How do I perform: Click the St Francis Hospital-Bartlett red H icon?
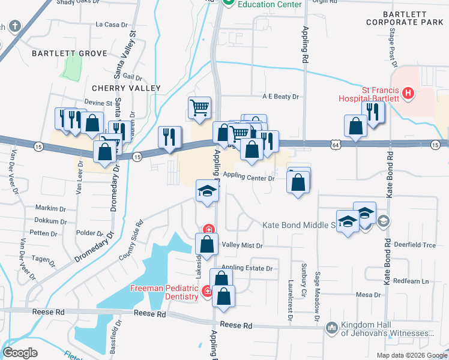pyautogui.click(x=408, y=93)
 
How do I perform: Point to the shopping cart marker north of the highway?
pyautogui.click(x=200, y=108)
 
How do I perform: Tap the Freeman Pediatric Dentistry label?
pyautogui.click(x=164, y=292)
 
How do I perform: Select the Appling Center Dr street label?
pyautogui.click(x=249, y=178)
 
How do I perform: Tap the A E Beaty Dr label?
pyautogui.click(x=280, y=96)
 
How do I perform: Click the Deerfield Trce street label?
pyautogui.click(x=414, y=245)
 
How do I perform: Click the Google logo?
pyautogui.click(x=20, y=352)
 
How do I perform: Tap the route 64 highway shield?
pyautogui.click(x=335, y=144)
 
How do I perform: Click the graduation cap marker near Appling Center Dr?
pyautogui.click(x=206, y=192)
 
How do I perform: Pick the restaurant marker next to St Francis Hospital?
pyautogui.click(x=373, y=112)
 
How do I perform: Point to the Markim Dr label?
pyautogui.click(x=50, y=208)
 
